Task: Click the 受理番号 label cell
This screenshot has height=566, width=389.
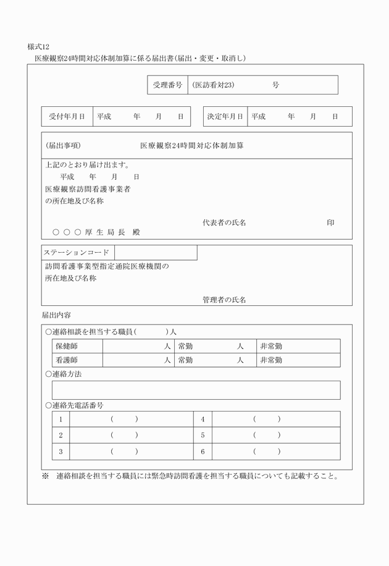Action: click(167, 85)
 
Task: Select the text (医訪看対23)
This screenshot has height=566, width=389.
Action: click(212, 85)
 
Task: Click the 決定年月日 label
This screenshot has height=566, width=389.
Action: click(225, 117)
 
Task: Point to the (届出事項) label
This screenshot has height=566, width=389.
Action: click(63, 146)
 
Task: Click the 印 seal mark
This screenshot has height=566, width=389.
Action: click(330, 222)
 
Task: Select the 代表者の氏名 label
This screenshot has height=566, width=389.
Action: click(224, 222)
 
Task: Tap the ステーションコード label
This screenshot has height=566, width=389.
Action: click(77, 253)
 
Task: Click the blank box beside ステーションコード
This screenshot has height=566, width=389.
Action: click(156, 253)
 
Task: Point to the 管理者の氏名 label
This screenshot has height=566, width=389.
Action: click(224, 300)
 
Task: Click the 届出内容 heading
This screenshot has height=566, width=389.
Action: click(56, 316)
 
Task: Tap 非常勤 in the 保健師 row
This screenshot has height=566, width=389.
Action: click(271, 346)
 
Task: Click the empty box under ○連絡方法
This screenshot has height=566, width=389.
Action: click(196, 390)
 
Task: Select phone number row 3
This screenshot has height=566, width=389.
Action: click(61, 452)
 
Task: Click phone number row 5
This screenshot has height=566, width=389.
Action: click(203, 436)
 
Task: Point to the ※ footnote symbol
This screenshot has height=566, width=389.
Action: click(45, 476)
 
